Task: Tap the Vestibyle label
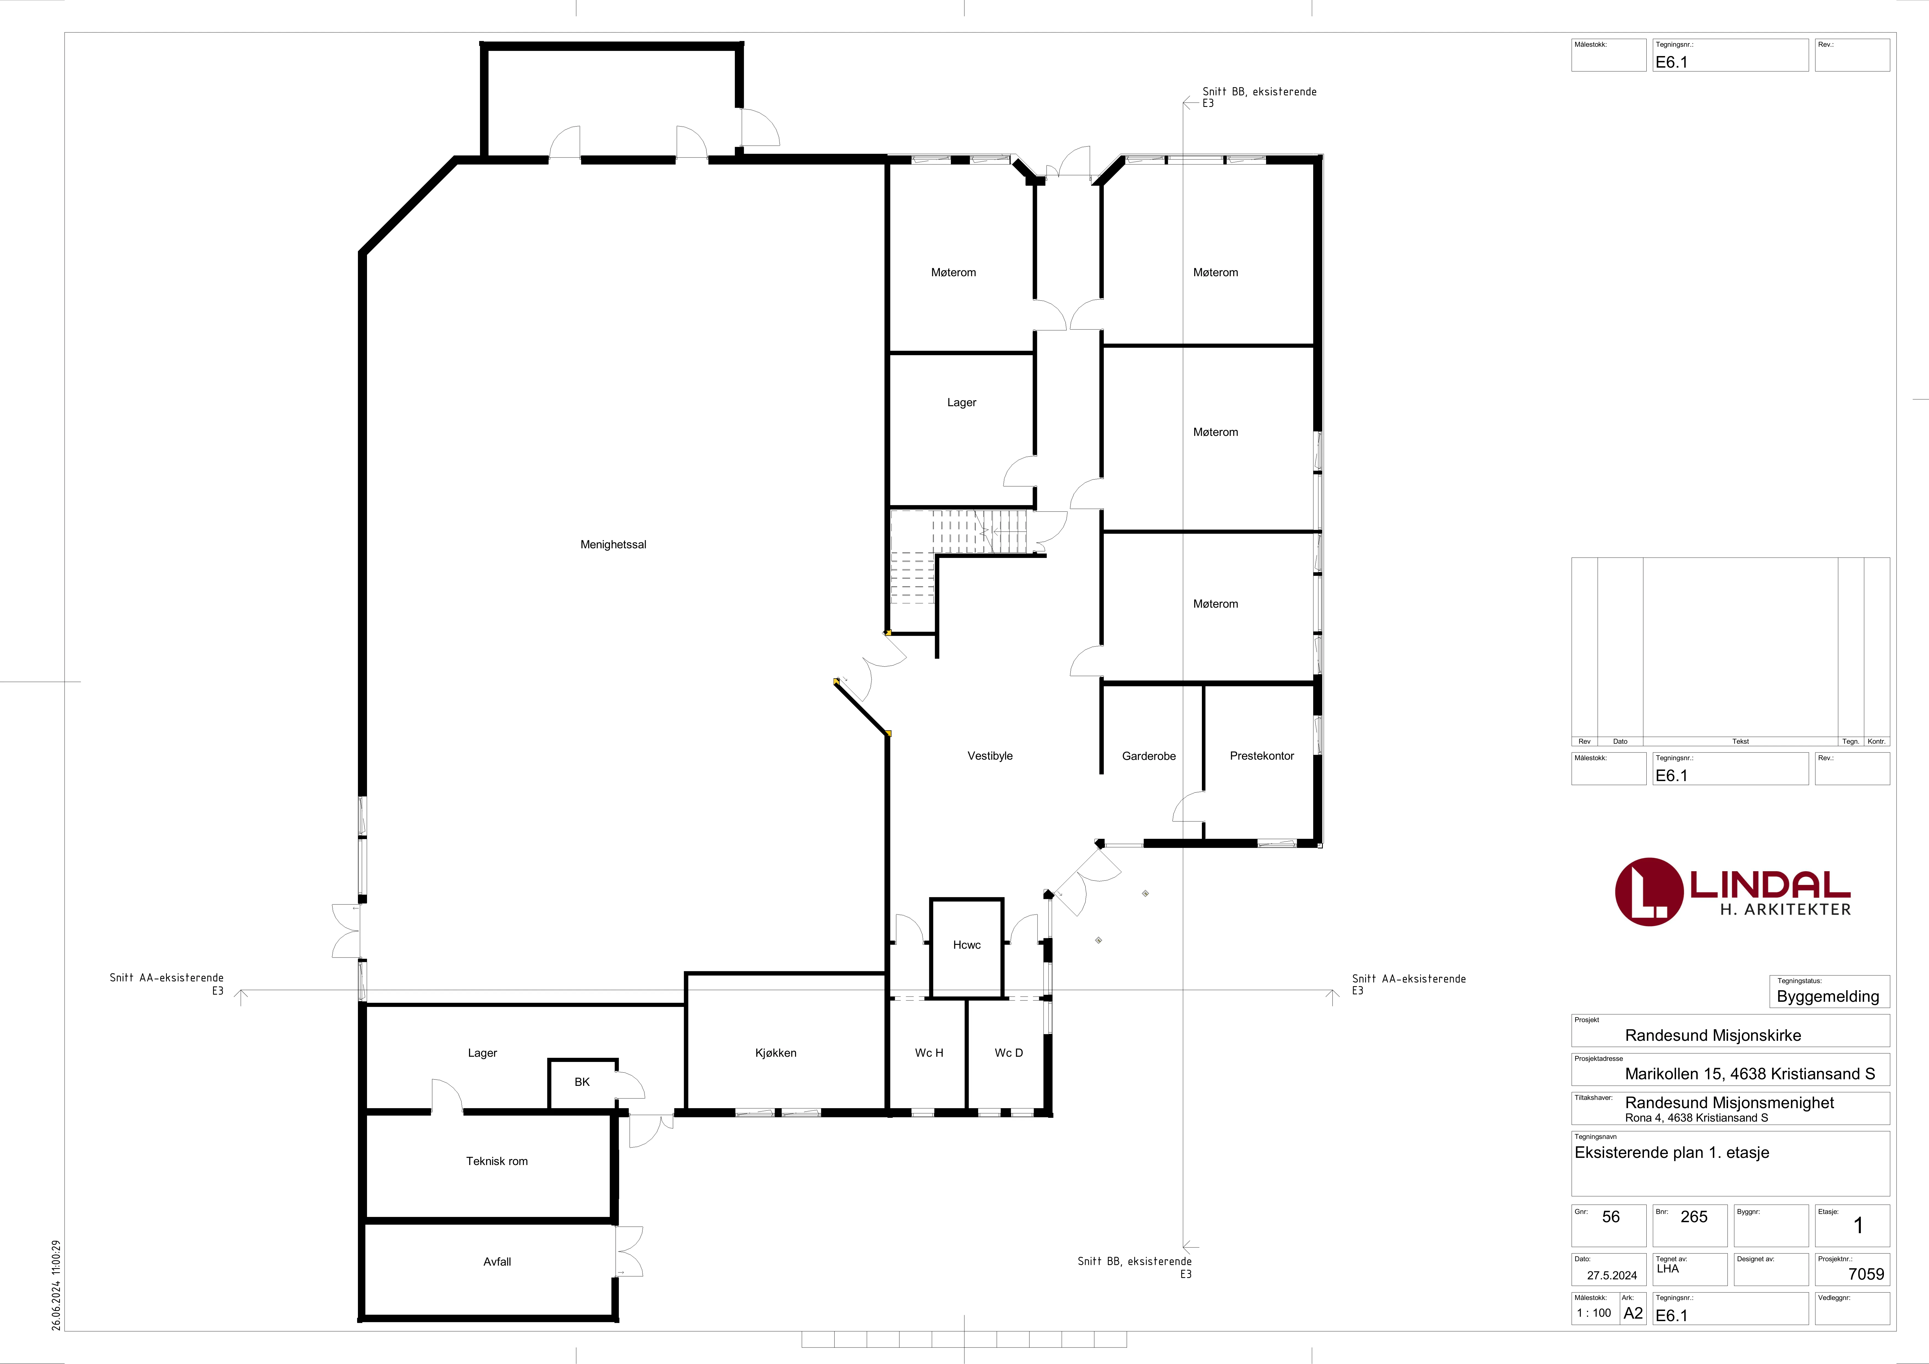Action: [990, 756]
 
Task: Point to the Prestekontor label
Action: [1262, 756]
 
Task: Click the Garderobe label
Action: [1149, 756]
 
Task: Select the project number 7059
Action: [1866, 1274]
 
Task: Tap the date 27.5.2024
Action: [1611, 1275]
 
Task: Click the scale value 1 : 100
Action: [1594, 1313]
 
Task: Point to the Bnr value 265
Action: [1694, 1217]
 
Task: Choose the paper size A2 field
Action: [1632, 1313]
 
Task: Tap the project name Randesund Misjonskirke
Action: [1713, 1036]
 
